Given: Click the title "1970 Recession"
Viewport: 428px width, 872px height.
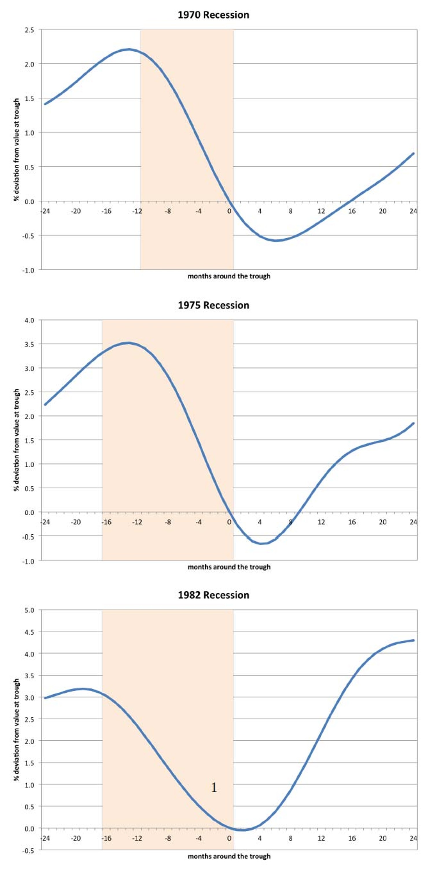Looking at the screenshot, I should tap(213, 15).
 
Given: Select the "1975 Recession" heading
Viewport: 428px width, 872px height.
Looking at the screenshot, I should tap(213, 305).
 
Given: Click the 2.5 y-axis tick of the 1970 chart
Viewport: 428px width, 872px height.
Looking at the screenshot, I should tap(29, 30).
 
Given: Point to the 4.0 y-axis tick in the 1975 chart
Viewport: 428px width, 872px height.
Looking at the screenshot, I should tap(29, 320).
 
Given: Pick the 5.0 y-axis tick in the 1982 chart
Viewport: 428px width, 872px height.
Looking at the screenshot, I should tap(29, 610).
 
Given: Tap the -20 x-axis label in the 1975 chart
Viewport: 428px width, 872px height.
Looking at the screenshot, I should tap(75, 522).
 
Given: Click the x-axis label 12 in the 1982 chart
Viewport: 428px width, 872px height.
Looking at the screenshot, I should tap(321, 838).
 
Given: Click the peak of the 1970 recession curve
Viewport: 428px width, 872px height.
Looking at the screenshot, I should tap(129, 49).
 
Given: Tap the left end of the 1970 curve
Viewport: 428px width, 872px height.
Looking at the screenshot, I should tap(45, 104).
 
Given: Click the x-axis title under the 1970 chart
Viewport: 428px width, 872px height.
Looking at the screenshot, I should tap(229, 276).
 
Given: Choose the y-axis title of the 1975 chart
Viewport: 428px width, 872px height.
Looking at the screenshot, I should tap(16, 440).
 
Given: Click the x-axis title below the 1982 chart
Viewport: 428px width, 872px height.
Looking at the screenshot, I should tap(229, 856).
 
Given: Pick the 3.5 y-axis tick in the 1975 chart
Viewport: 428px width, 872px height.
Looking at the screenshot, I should tap(29, 344).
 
